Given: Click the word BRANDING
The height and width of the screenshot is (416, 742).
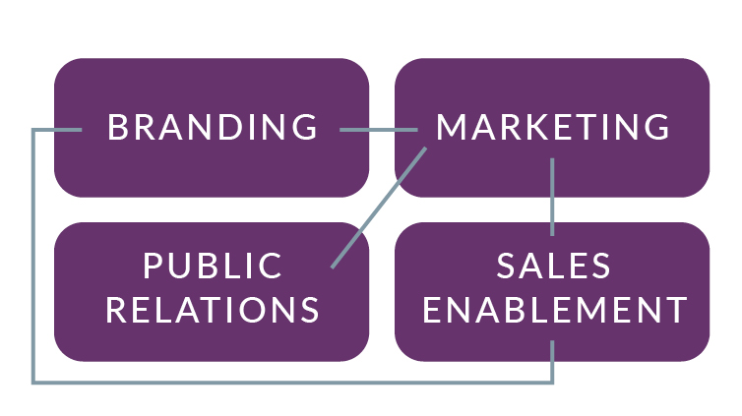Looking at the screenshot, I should [x=213, y=128].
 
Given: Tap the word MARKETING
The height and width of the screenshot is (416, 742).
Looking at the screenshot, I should [x=553, y=128].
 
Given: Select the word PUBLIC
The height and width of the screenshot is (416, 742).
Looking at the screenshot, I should [x=213, y=266].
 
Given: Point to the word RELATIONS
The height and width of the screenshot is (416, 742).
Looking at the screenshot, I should [x=213, y=310].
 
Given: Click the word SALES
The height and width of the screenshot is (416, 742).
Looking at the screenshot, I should [x=553, y=266].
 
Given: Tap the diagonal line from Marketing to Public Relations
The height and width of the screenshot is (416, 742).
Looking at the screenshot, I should [x=379, y=207].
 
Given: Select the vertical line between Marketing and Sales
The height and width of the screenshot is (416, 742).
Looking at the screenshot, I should [x=552, y=197].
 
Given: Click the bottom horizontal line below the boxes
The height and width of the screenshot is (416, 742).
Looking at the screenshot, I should [x=295, y=381].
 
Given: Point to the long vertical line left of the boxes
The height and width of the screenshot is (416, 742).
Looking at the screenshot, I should [x=33, y=256].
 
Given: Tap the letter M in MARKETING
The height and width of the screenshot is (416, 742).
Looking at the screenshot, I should [x=451, y=128].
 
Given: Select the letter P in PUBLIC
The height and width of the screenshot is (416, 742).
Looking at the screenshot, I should [x=153, y=266].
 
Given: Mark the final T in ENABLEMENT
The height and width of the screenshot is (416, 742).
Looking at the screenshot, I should [x=676, y=310].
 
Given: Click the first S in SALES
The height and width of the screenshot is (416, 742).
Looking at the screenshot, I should [x=507, y=266].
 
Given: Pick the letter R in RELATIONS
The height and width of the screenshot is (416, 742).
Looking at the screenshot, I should [x=117, y=310].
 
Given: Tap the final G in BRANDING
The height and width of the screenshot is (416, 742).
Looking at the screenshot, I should [x=306, y=128].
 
